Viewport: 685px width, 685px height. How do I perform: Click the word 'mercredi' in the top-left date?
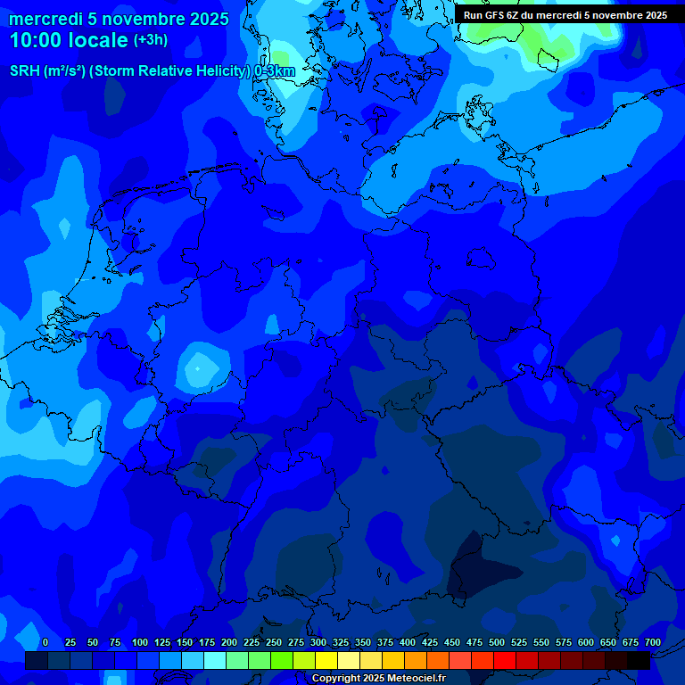coord(45,19)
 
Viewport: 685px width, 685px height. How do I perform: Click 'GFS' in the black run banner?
coord(497,15)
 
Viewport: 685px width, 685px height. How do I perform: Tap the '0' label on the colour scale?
coord(45,642)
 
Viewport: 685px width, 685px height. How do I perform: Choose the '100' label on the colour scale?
coord(140,642)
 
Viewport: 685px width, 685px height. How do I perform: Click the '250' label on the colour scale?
coord(274,642)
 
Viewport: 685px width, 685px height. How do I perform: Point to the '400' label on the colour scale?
coord(408,642)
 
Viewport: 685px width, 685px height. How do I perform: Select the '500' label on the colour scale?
coord(497,642)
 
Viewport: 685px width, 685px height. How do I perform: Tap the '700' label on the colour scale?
coord(653,642)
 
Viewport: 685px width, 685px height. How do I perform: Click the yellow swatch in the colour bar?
coord(326,661)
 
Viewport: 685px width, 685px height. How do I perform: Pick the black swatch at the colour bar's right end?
coord(639,661)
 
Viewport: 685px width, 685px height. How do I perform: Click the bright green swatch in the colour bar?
coord(282,661)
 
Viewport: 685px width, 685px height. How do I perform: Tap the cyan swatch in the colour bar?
coord(215,661)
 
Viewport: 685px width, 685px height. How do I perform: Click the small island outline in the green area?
coord(547,59)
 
